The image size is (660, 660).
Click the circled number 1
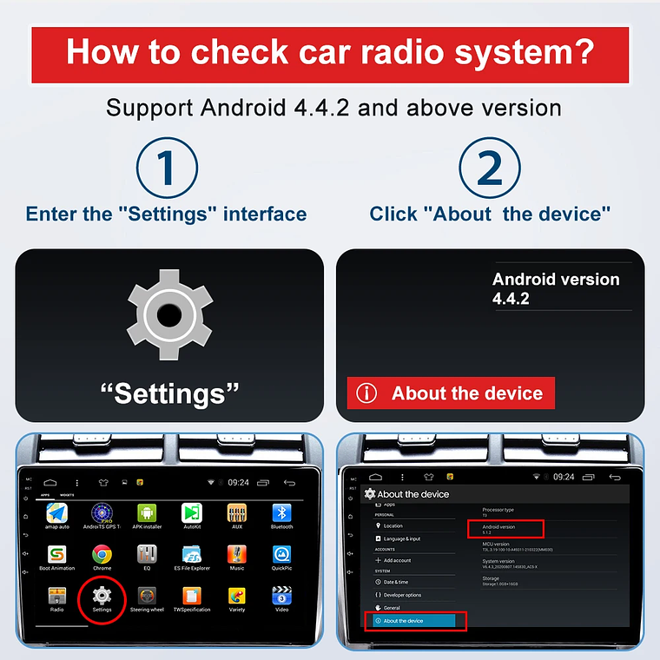[x=168, y=168]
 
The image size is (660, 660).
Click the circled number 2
[x=490, y=168]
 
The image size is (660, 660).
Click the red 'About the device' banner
[x=451, y=393]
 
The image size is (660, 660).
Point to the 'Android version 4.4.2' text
[x=556, y=289]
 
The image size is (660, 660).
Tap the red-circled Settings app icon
[x=102, y=596]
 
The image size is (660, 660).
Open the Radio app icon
[x=56, y=596]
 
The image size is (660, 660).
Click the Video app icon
[x=281, y=596]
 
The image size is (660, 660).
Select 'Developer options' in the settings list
[x=401, y=595]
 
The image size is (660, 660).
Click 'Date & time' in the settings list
[x=395, y=582]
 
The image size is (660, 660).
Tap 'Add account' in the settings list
[x=397, y=560]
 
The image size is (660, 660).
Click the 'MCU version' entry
[x=496, y=544]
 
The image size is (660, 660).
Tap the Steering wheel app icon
[x=147, y=596]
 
